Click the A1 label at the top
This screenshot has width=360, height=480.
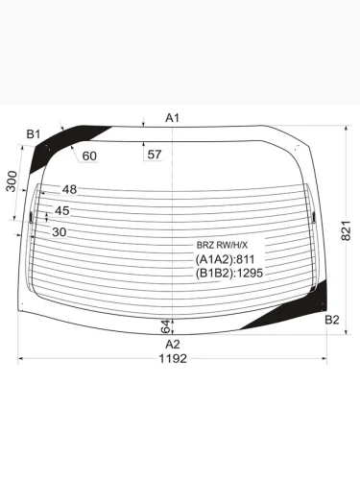(172, 118)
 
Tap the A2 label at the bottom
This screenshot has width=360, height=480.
(173, 345)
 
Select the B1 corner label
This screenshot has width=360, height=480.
(34, 134)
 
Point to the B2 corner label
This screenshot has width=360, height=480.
(332, 320)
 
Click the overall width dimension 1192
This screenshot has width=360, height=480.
(173, 359)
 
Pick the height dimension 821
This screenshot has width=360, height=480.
(346, 230)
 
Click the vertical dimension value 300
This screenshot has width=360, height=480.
(12, 181)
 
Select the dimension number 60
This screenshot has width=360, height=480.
(89, 156)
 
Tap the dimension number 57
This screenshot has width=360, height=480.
(155, 155)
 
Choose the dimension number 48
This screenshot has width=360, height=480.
(69, 189)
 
